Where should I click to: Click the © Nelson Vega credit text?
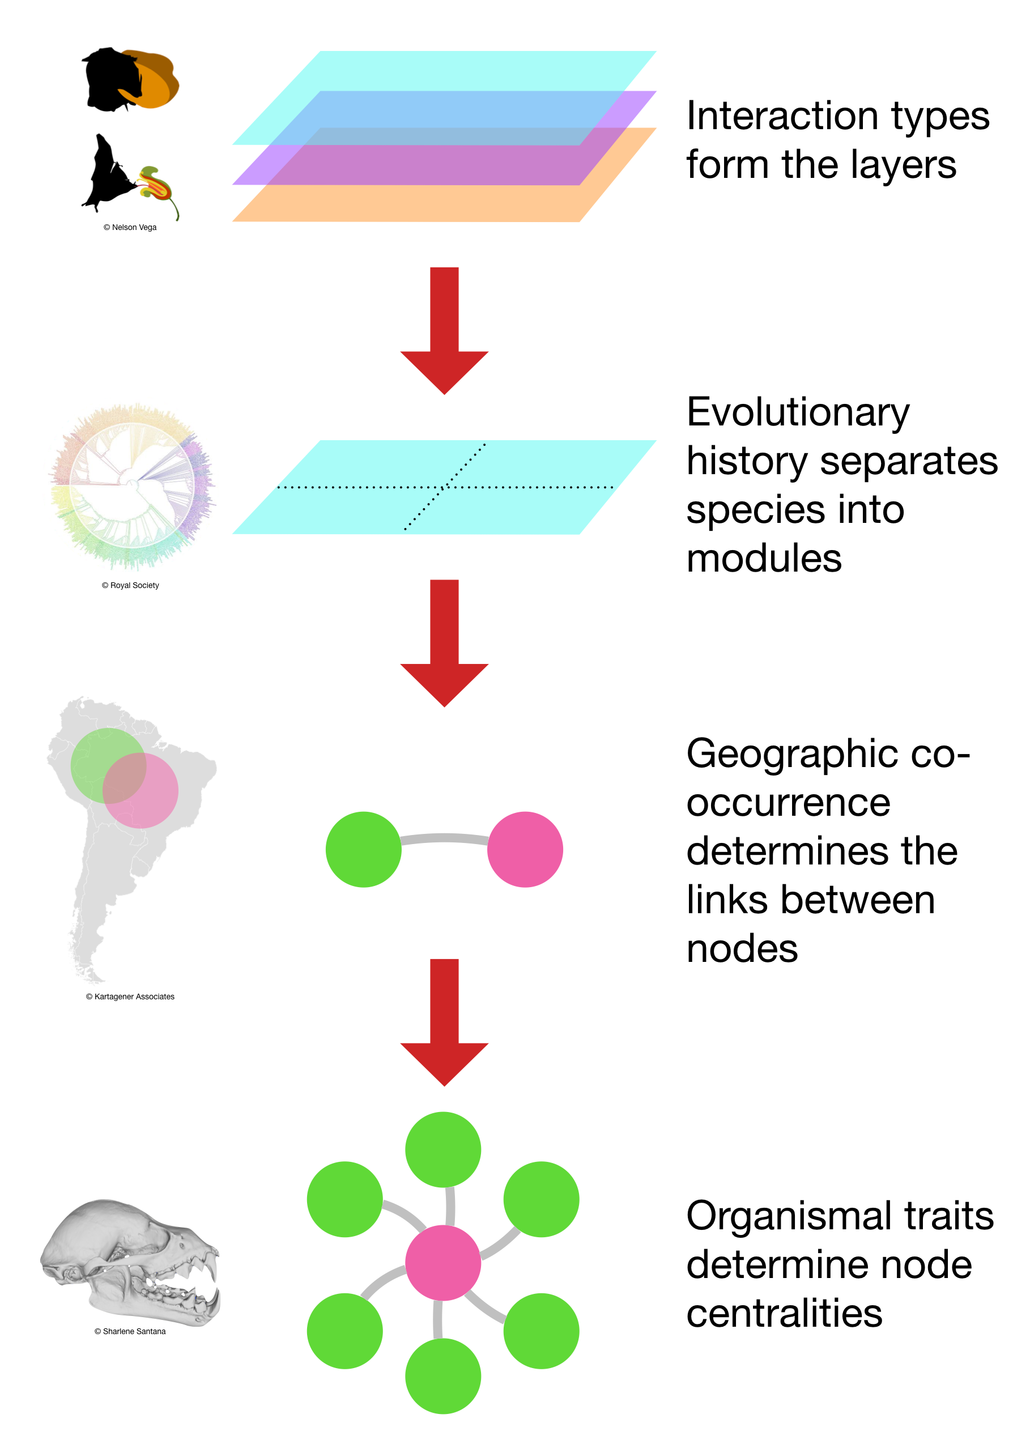click(130, 228)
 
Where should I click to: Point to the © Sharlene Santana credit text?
click(130, 1332)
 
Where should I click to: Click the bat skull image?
click(130, 1262)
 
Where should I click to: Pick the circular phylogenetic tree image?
click(132, 486)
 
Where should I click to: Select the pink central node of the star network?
click(442, 1263)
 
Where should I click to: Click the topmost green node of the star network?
click(442, 1149)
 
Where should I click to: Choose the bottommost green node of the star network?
click(442, 1376)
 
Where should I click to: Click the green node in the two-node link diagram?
click(363, 849)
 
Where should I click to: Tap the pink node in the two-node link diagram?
click(525, 849)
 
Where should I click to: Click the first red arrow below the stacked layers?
click(444, 330)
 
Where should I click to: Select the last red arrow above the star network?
click(444, 1021)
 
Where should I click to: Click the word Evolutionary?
click(798, 414)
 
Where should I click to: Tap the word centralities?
click(784, 1313)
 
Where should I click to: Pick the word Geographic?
click(793, 755)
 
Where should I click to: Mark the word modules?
click(764, 559)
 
